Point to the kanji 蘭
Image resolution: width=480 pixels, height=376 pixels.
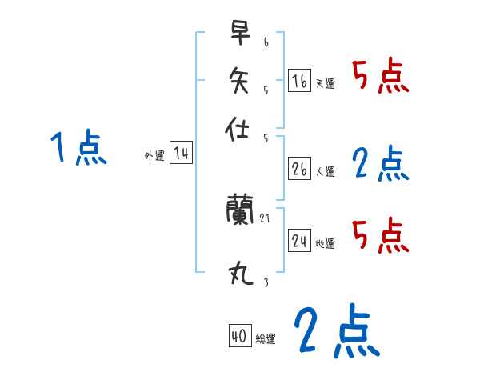pos(241,210)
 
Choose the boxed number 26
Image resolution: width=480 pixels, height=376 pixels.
pos(299,169)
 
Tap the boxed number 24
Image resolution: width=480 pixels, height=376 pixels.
pos(299,241)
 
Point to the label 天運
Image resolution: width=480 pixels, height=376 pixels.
pos(325,83)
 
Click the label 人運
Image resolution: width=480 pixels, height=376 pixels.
pos(326,171)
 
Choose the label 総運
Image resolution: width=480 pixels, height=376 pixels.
pos(266,338)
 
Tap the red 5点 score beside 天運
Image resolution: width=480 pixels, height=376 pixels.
pos(381,77)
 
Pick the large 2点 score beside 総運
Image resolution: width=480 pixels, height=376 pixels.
pos(335,332)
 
